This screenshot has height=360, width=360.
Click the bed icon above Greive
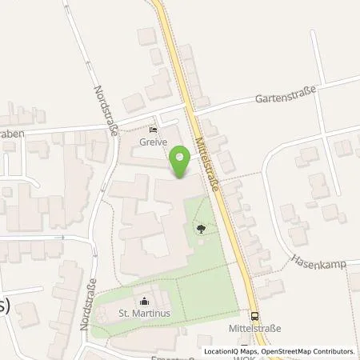tap(154, 129)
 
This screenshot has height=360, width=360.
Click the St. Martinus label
tap(144, 313)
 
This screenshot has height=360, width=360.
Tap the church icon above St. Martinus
tap(144, 301)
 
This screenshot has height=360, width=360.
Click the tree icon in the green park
tap(199, 230)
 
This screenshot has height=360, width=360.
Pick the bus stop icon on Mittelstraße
tap(254, 316)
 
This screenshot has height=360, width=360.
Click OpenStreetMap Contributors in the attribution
tap(307, 350)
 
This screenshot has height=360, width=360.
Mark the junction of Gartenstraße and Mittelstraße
tap(190, 106)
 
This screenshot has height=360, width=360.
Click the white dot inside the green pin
tap(180, 158)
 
